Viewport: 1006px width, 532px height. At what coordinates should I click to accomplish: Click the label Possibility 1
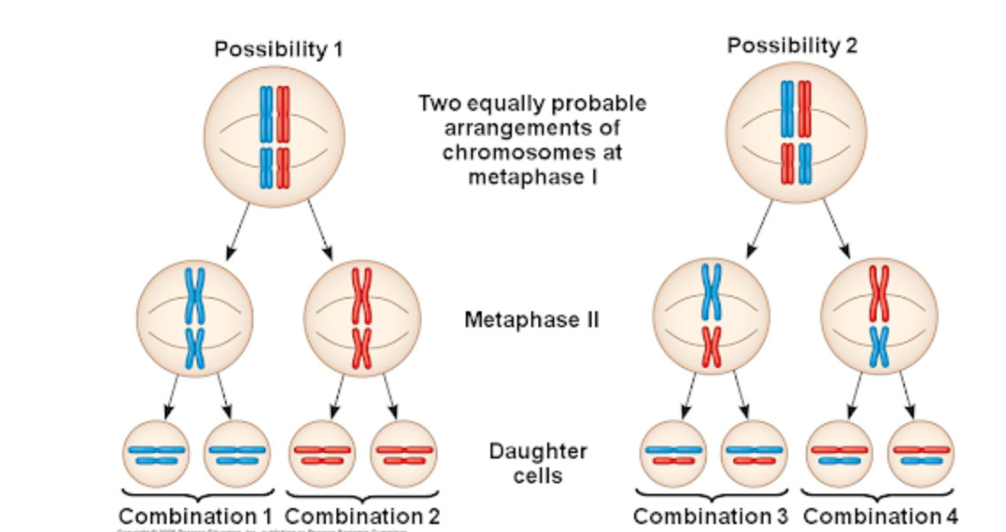[278, 50]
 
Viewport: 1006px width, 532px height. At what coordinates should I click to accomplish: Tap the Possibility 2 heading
[792, 45]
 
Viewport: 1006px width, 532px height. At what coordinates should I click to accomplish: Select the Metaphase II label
[531, 319]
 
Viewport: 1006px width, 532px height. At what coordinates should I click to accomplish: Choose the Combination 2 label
[362, 515]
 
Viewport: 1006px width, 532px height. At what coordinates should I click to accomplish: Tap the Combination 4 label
[879, 515]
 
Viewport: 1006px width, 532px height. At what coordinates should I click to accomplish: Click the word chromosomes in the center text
[532, 152]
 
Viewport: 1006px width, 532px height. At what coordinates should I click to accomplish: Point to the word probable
[599, 104]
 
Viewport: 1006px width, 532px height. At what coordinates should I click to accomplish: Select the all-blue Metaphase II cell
[195, 317]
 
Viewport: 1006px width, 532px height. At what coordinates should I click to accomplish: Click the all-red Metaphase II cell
[361, 317]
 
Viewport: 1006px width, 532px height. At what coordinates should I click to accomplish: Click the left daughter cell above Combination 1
[156, 454]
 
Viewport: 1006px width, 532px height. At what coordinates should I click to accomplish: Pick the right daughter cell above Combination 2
[403, 454]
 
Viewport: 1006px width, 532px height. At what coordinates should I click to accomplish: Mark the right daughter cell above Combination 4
[921, 454]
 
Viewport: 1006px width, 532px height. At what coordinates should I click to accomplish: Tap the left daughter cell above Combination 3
[673, 454]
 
